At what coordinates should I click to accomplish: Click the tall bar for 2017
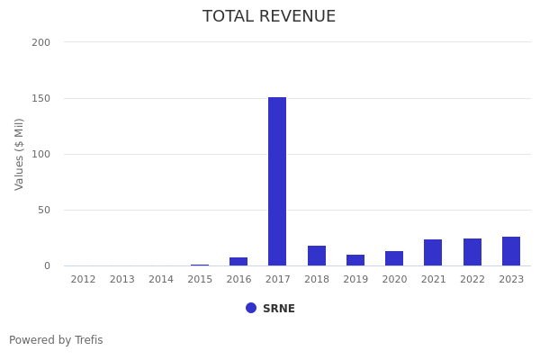tap(277, 181)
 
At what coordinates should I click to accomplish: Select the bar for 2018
tap(317, 256)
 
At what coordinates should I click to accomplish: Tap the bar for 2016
tap(238, 261)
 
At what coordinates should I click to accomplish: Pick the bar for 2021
tap(433, 253)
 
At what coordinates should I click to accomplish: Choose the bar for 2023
tap(511, 251)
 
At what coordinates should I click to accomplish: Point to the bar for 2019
tap(355, 260)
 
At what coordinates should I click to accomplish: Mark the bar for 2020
tap(394, 258)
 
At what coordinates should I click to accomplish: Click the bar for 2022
tap(472, 252)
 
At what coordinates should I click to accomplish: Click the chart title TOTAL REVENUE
tap(269, 17)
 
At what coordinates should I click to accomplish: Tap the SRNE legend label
tap(279, 309)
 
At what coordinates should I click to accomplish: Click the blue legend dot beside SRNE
tap(251, 308)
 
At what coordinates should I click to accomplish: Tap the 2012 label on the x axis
tap(83, 280)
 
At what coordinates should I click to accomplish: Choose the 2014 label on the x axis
tap(161, 280)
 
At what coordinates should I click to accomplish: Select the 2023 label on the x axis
tap(511, 280)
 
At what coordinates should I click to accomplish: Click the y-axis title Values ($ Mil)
tap(20, 154)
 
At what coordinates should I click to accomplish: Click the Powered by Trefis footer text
tap(56, 340)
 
